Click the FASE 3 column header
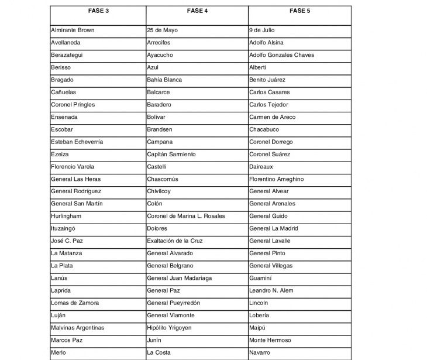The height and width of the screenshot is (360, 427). [97, 11]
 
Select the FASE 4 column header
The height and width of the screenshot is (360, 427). [197, 11]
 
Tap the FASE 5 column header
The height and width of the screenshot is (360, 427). [299, 11]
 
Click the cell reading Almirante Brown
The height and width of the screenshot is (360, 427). [73, 30]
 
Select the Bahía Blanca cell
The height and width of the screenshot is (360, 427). [164, 80]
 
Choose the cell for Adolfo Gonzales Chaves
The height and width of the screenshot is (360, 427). [281, 55]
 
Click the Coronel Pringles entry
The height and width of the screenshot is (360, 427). [73, 105]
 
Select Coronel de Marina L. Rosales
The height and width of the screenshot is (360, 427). [185, 216]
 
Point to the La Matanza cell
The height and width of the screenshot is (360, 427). [67, 253]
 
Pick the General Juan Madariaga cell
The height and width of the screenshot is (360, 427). [180, 278]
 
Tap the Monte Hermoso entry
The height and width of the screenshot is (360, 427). [270, 340]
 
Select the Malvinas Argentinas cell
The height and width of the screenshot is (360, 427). [77, 328]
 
